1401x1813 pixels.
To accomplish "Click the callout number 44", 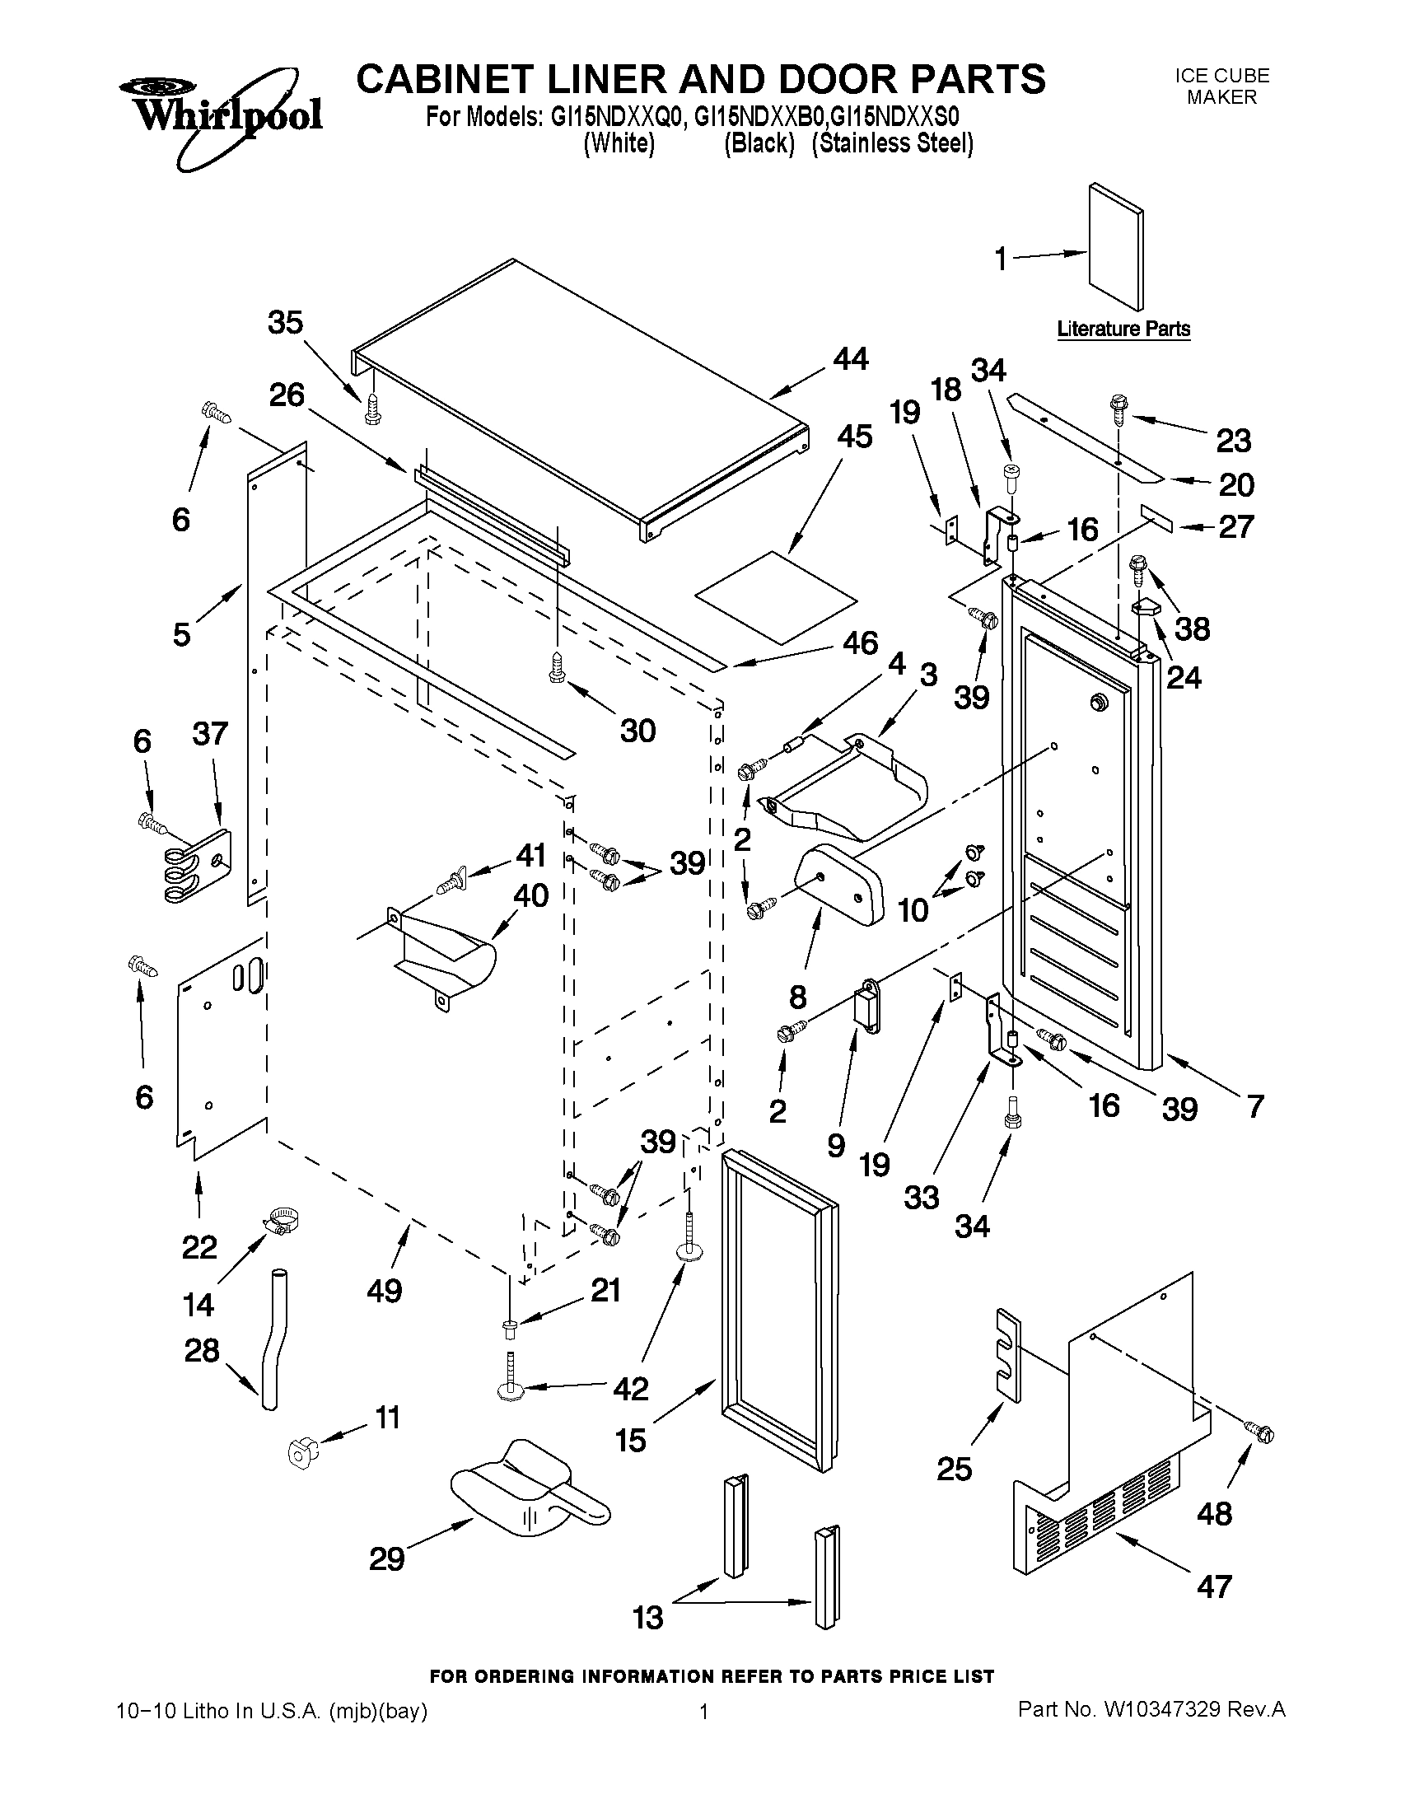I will (x=851, y=358).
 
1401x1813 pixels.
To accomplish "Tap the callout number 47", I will (x=1214, y=1586).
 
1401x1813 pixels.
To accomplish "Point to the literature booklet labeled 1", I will (x=1114, y=247).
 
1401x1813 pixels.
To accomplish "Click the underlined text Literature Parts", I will (x=1123, y=329).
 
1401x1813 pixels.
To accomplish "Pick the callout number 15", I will (x=631, y=1441).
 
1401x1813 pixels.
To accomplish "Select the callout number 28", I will (x=202, y=1351).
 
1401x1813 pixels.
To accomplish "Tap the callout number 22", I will (x=199, y=1247).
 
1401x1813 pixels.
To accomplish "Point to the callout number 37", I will (x=210, y=734).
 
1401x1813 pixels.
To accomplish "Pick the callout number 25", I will (x=954, y=1470).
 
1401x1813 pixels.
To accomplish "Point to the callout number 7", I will (x=1254, y=1105).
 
